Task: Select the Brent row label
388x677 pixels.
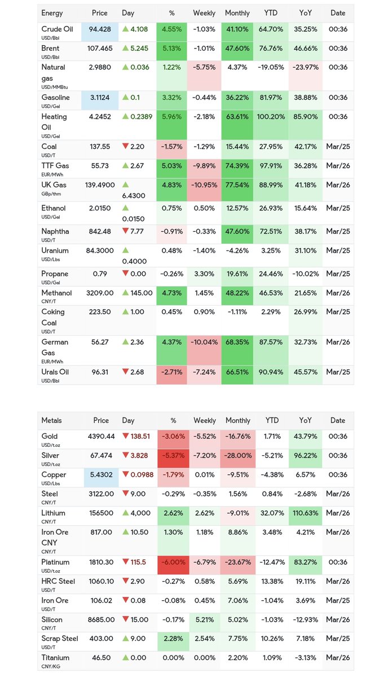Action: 50,48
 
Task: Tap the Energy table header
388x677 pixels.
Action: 52,13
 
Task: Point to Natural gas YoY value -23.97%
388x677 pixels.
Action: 306,67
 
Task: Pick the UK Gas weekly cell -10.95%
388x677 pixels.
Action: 204,184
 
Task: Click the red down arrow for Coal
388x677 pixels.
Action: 125,147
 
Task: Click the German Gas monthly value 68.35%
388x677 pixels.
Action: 237,342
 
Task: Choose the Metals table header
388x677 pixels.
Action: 52,420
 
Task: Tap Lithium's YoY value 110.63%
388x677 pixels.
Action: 306,513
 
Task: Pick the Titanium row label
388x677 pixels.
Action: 55,658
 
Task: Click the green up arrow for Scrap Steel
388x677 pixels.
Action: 125,639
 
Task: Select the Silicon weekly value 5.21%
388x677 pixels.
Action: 204,619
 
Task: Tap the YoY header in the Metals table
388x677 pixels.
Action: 306,420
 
